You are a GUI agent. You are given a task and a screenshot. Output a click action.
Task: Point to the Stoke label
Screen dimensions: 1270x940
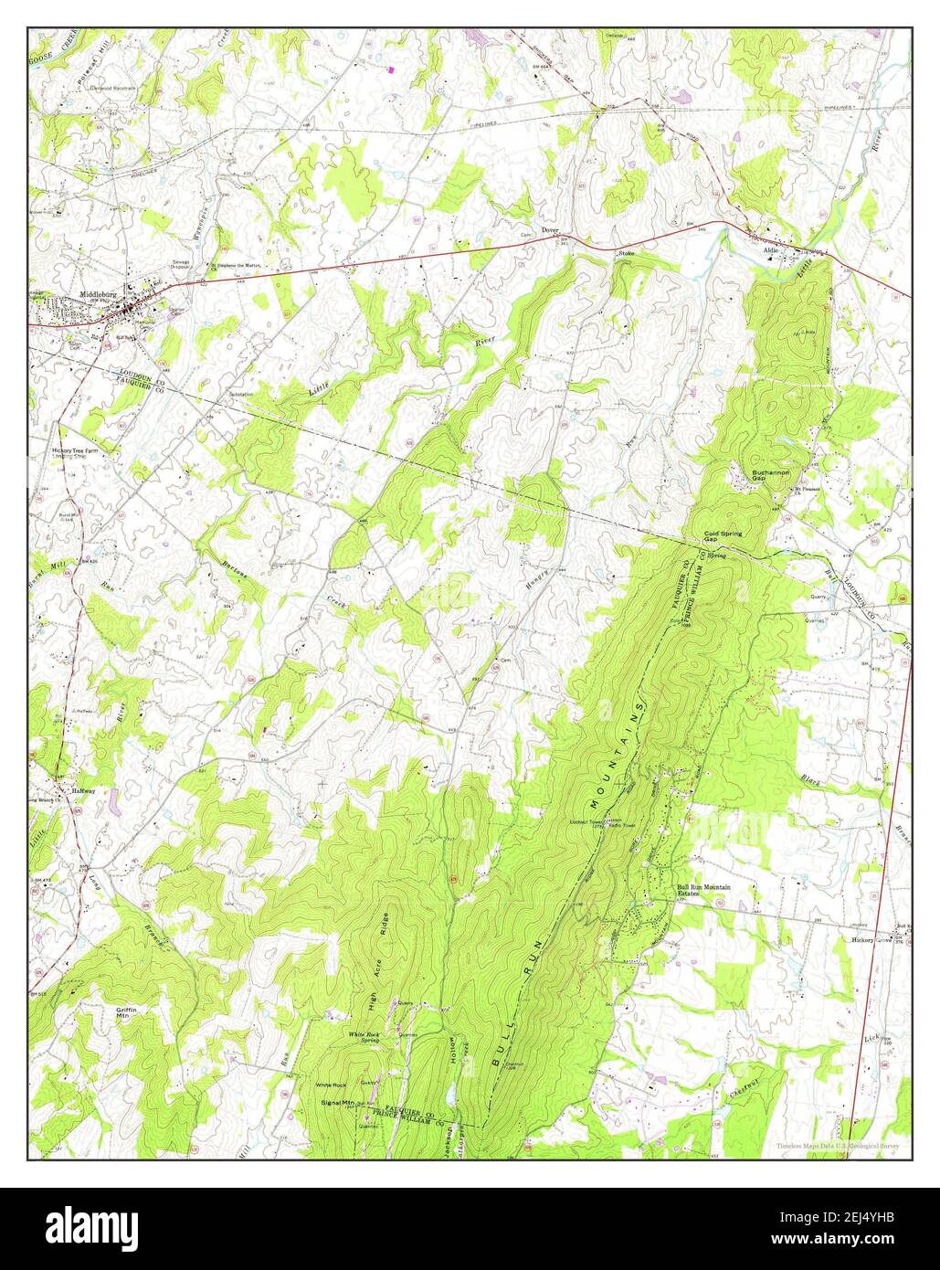pos(626,252)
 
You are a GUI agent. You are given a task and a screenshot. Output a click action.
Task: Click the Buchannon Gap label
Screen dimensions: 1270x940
pos(769,476)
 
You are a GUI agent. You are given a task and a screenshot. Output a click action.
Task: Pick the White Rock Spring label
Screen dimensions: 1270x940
pos(363,1036)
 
